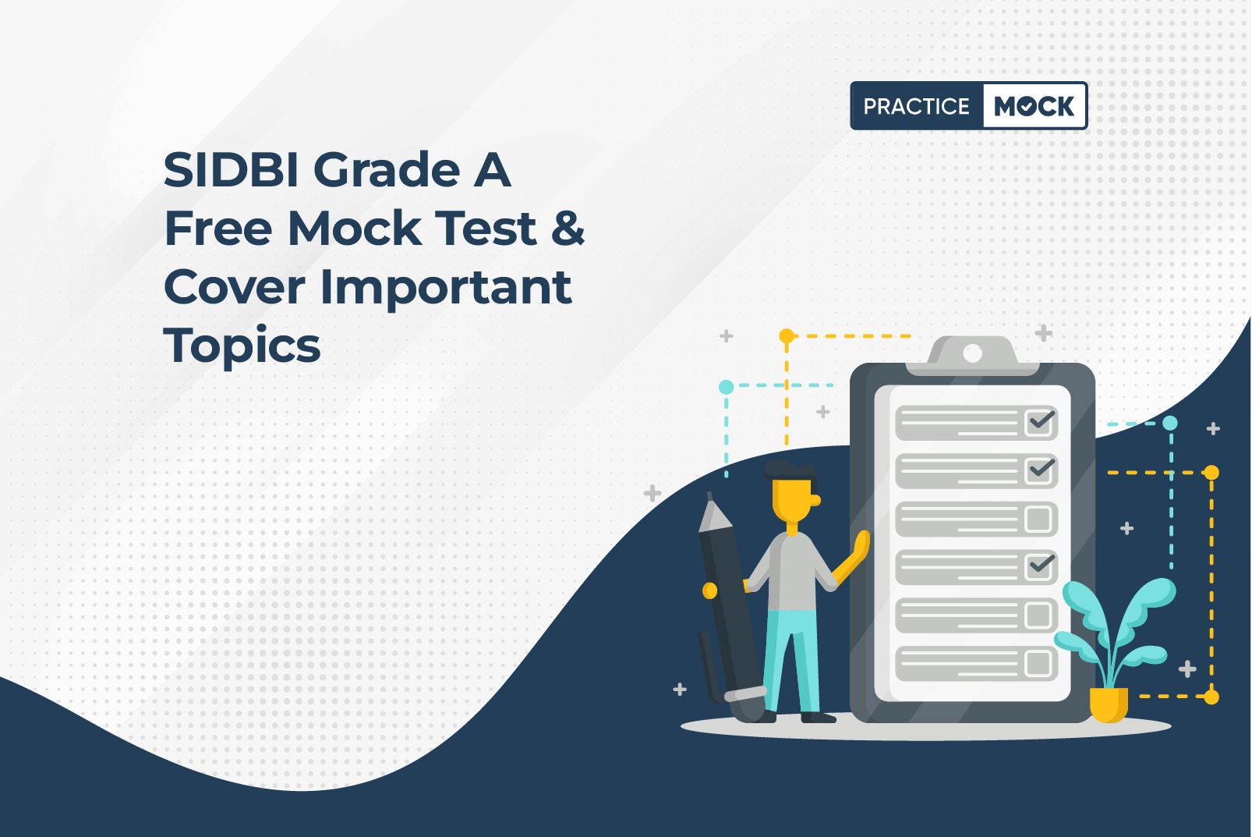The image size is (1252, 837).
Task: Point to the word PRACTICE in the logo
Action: [x=916, y=106]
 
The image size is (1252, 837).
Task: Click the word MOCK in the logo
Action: [x=1034, y=106]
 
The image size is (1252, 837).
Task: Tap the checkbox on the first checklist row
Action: [x=1040, y=422]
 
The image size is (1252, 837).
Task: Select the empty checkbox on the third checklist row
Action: [x=1038, y=519]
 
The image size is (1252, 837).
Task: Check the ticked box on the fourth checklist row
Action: [x=1040, y=566]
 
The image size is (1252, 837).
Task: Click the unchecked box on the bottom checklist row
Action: [x=1038, y=664]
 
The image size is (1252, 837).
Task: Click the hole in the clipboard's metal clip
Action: [x=973, y=353]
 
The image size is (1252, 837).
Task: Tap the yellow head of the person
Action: [x=794, y=499]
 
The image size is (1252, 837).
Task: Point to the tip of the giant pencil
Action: [x=709, y=495]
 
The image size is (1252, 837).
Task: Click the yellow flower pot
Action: [x=1109, y=704]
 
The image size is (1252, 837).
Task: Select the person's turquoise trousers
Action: [x=793, y=661]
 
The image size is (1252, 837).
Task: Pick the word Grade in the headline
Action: [x=387, y=170]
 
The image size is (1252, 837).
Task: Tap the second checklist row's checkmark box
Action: [x=1040, y=470]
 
